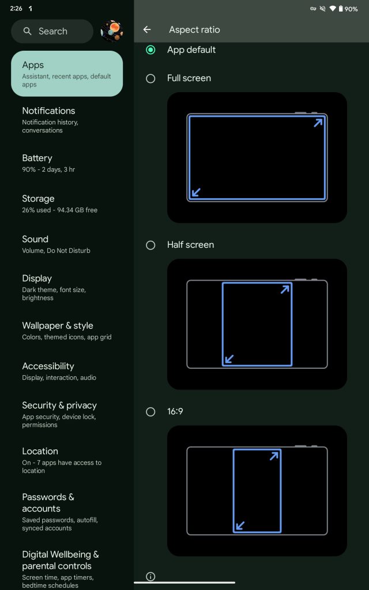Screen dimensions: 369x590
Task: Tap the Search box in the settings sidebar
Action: coord(52,31)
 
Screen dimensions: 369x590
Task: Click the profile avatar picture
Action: coord(112,31)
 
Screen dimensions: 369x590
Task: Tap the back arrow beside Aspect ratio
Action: coord(147,30)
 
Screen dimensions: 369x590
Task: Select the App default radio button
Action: coord(150,50)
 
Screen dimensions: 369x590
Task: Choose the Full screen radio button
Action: coord(150,78)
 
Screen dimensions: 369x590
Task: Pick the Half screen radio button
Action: coord(150,245)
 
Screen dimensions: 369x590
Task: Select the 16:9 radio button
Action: coord(150,412)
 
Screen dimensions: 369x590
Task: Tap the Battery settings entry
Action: coord(48,163)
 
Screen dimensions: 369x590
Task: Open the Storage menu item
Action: coord(59,203)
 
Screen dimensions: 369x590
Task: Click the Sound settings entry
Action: coord(56,244)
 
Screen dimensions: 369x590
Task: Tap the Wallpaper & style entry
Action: coord(67,331)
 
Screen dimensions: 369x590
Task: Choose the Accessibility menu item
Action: coord(59,372)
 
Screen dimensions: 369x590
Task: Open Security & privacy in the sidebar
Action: coord(59,415)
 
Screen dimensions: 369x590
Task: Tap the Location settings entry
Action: coord(62,460)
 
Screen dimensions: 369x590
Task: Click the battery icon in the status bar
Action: coord(341,9)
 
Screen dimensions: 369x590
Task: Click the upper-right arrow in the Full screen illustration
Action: coord(318,123)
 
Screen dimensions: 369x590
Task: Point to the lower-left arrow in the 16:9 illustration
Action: coord(240,525)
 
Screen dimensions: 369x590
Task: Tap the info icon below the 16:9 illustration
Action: coord(150,576)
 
